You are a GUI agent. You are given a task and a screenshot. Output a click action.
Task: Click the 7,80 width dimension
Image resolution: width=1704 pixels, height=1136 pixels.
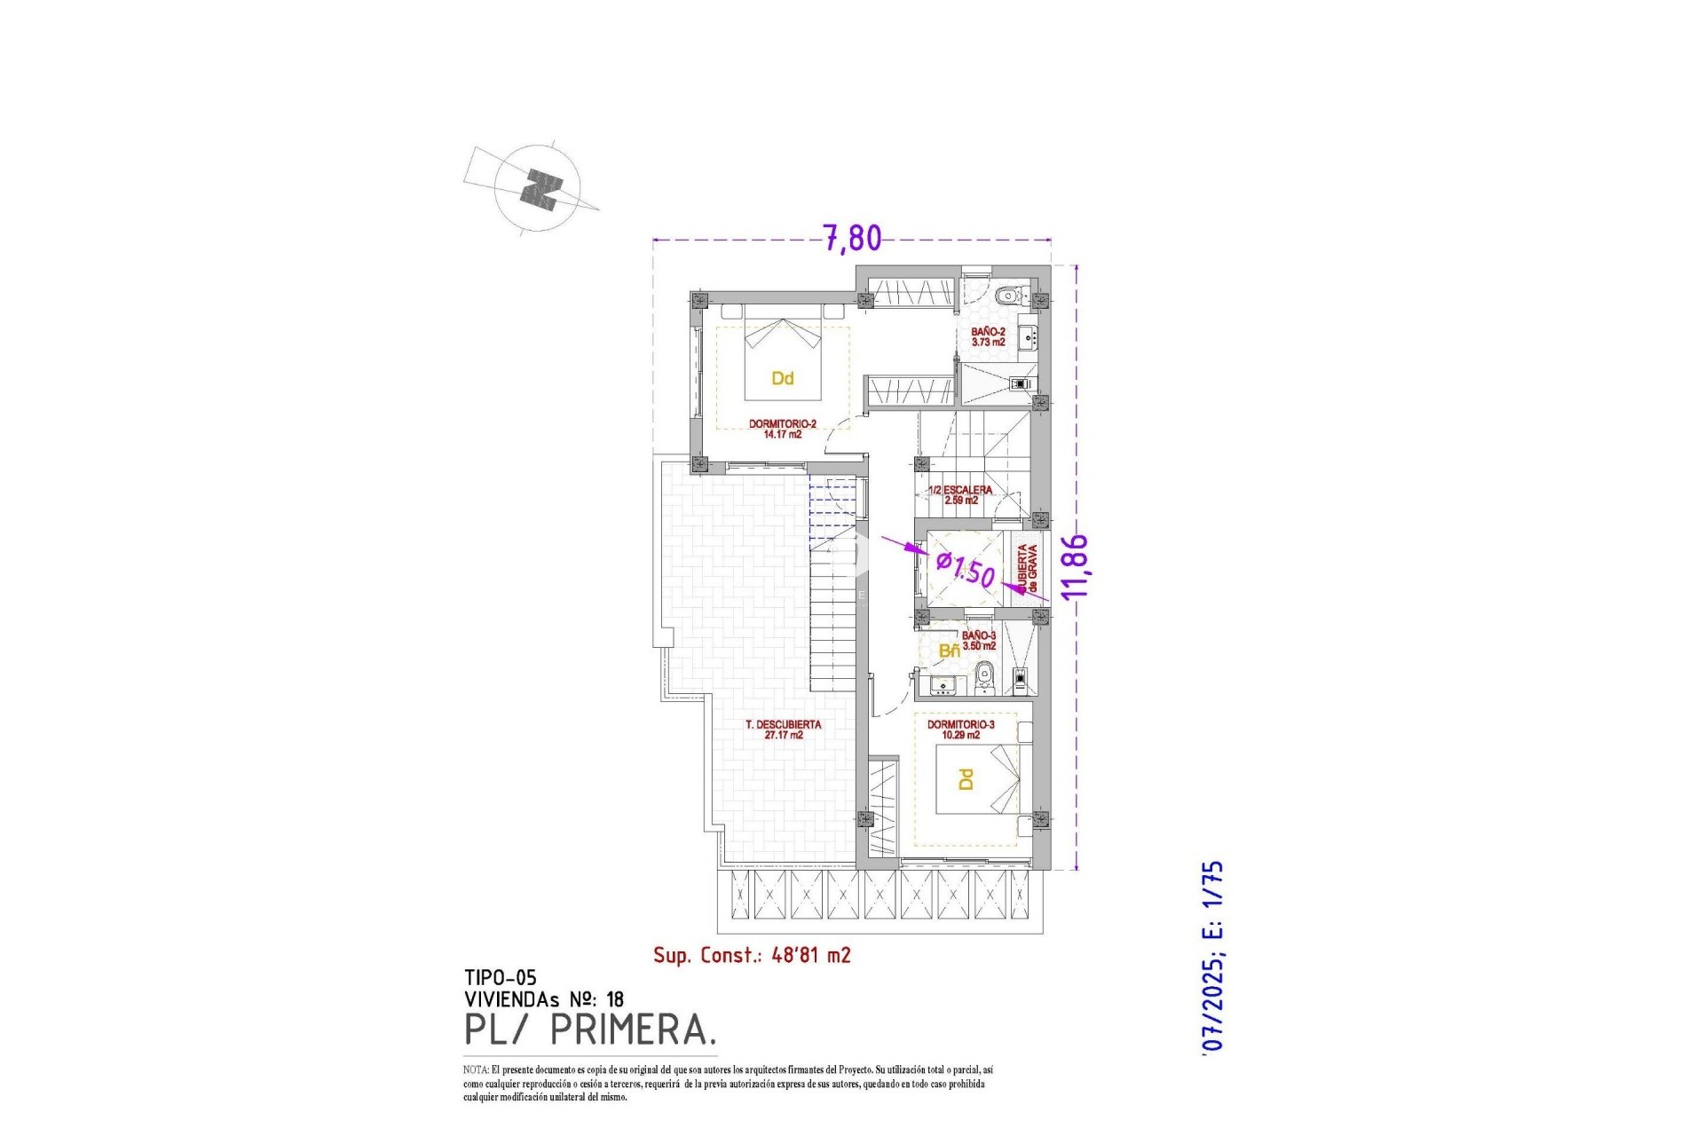(x=852, y=238)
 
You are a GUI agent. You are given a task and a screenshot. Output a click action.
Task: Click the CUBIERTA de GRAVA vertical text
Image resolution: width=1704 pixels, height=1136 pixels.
(x=1027, y=569)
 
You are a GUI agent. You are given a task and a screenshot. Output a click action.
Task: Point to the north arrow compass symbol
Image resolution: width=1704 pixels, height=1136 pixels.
(x=539, y=189)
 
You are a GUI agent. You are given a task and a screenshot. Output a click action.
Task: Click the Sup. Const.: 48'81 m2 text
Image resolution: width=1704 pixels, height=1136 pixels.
(x=752, y=955)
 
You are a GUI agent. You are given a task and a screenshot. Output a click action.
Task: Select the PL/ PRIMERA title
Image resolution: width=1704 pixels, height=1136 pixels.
(x=590, y=1030)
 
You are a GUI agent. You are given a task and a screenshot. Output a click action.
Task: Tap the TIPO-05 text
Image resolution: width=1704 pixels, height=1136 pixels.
(x=501, y=977)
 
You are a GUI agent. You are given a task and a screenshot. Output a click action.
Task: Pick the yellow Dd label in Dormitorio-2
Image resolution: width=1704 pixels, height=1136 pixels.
(x=782, y=379)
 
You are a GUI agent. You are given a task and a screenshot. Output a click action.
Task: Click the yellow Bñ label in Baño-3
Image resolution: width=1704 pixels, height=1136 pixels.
(x=949, y=651)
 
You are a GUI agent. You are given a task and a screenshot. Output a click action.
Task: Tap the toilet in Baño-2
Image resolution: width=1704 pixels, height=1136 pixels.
(x=1007, y=296)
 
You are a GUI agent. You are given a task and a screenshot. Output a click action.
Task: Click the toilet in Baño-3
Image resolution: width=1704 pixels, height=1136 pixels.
(x=982, y=680)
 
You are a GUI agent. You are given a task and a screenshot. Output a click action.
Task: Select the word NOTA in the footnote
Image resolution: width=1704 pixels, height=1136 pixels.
(x=475, y=1070)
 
